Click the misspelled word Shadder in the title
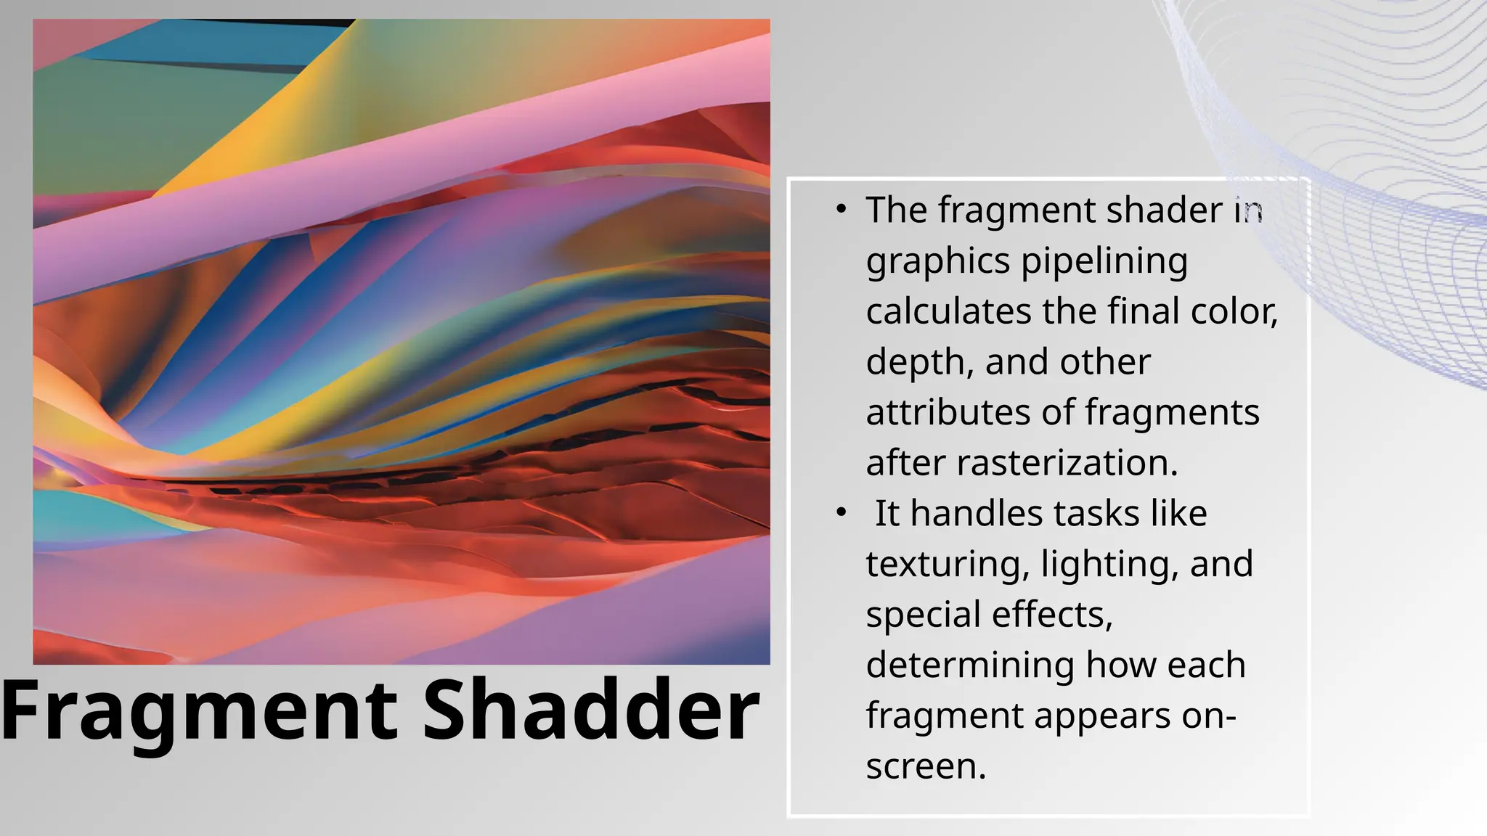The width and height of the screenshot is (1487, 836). click(590, 711)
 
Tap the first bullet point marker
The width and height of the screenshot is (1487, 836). click(841, 210)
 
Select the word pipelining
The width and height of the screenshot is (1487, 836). click(1104, 261)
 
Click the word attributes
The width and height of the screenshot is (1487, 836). click(948, 412)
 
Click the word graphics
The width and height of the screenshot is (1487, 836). click(937, 261)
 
